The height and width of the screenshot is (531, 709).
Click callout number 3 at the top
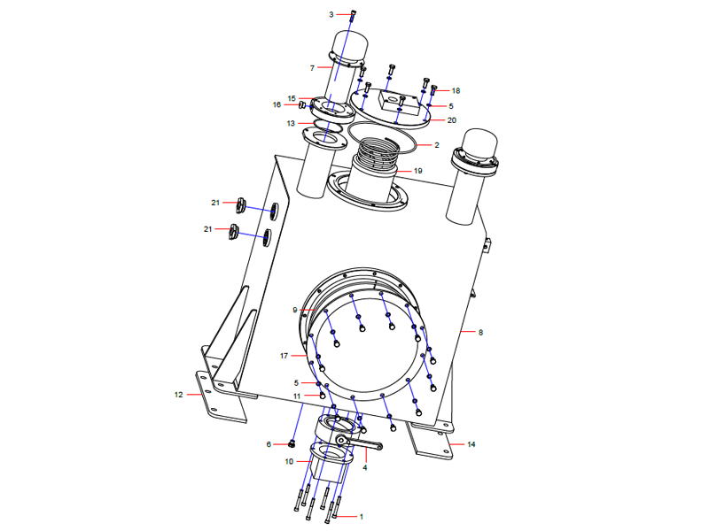pos(331,14)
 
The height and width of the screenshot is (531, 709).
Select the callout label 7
pos(312,67)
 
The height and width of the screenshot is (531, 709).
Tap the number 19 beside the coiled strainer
pos(417,170)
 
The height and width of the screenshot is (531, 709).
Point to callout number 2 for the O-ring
pos(436,144)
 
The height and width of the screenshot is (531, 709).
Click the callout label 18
pos(456,91)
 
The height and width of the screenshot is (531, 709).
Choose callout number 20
pos(452,120)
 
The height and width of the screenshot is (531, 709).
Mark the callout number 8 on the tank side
pos(480,333)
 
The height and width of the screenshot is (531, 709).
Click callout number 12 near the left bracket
pos(178,395)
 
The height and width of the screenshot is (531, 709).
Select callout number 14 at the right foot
pos(471,443)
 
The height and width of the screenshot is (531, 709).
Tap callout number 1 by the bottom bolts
pos(361,516)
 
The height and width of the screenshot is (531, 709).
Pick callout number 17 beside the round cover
pos(284,356)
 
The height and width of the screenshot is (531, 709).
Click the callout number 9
pos(295,310)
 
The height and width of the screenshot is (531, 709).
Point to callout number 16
pos(277,104)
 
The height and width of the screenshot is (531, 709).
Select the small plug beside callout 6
pos(292,443)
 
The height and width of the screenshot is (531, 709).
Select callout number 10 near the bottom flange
pos(290,461)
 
